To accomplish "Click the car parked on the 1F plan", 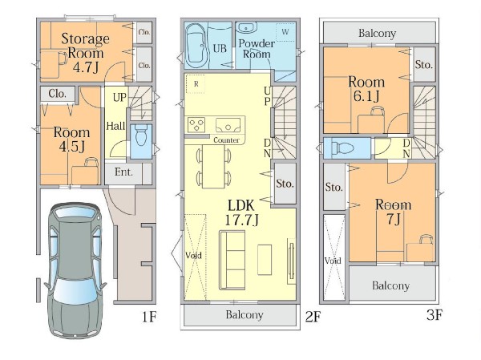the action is click(75, 270).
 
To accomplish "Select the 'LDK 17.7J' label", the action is click(242, 212).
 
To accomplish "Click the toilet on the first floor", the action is click(141, 135).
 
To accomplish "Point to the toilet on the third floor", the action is click(342, 148).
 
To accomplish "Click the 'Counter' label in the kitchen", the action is click(226, 140).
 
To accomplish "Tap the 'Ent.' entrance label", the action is click(123, 172).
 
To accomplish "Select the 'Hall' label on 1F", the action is click(115, 126).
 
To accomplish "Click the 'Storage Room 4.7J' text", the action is click(85, 53).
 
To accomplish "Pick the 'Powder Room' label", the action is click(257, 49).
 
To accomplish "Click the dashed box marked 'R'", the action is click(196, 83).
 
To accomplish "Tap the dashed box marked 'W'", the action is click(285, 32).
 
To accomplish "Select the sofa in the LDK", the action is click(232, 261).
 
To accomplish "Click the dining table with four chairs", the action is click(213, 166).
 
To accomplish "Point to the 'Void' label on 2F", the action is click(193, 255).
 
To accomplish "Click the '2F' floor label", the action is click(313, 317).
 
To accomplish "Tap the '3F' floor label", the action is click(435, 315).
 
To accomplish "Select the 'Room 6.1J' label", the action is click(366, 89).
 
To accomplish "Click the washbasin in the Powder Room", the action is click(246, 27).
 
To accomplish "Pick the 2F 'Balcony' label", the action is click(245, 315).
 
